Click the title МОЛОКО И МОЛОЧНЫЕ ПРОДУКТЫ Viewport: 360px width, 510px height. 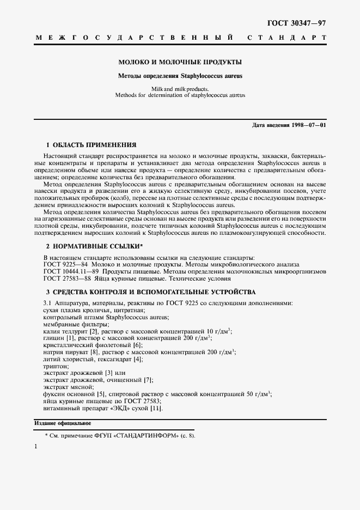(x=180, y=62)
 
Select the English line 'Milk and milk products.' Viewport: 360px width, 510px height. (x=180, y=88)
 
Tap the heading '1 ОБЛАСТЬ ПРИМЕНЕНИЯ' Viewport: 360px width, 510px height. (x=91, y=145)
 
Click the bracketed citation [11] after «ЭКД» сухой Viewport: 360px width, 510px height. (x=157, y=408)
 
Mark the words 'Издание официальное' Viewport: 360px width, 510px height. (x=63, y=423)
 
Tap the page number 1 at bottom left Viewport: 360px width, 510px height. (x=36, y=447)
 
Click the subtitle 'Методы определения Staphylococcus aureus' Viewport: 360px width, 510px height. (x=180, y=76)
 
